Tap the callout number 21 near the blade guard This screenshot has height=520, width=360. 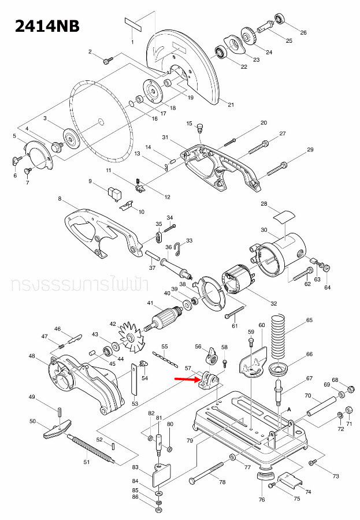click(231, 105)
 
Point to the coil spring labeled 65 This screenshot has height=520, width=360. click(283, 335)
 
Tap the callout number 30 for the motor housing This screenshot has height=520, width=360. click(264, 230)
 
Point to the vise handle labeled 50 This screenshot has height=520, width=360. click(55, 428)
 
